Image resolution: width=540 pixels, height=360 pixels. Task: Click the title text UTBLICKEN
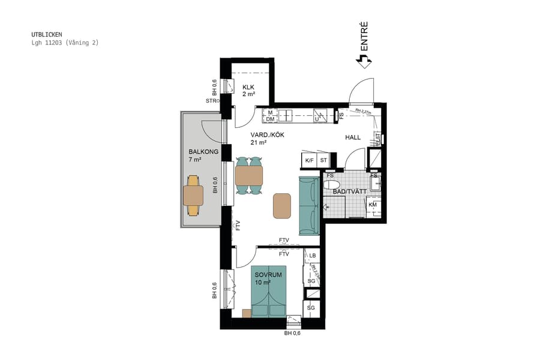coord(47,35)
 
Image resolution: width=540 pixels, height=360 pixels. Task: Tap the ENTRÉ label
coord(364,36)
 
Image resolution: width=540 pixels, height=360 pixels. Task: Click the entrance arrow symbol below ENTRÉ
coord(364,61)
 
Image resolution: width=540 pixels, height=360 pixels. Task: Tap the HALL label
coord(353,137)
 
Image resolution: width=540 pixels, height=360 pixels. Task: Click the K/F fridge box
coord(309,161)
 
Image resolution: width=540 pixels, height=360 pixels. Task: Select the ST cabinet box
coord(323,161)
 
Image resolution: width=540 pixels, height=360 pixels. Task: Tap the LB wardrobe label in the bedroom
coord(312,256)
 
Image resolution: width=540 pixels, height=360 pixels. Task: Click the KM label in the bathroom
coord(373,205)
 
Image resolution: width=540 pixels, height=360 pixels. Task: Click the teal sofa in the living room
coord(309,206)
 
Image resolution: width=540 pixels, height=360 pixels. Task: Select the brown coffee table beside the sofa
coord(282,206)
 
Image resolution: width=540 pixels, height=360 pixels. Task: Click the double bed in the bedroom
coord(269,291)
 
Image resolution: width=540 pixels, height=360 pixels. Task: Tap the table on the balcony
coord(193,195)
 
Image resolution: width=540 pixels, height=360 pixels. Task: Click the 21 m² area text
coord(259,142)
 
